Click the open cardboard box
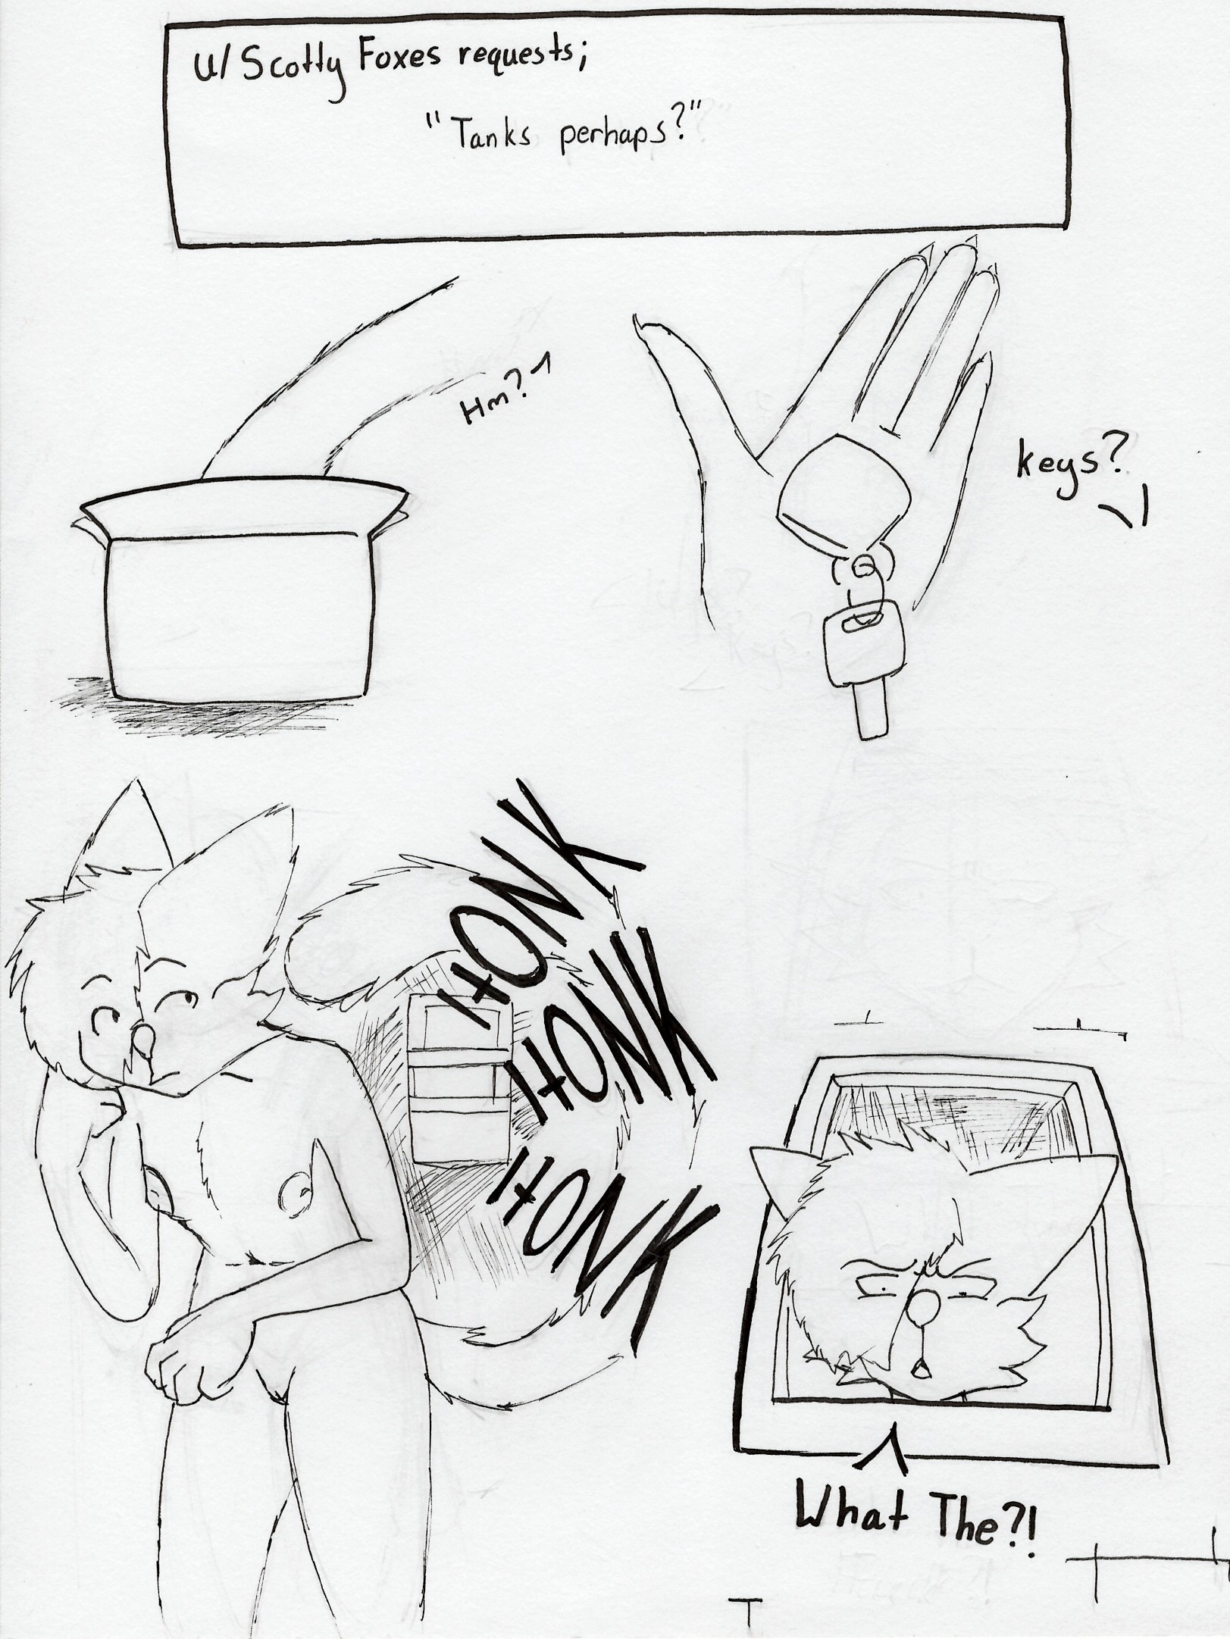239,580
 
